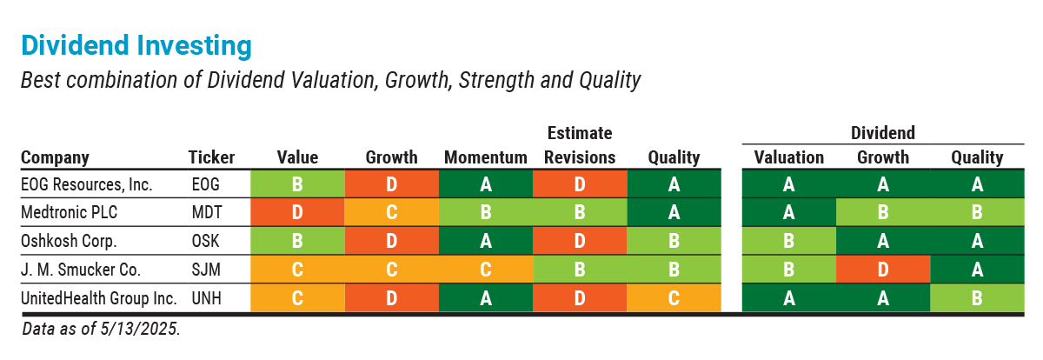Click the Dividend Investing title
pos(136,44)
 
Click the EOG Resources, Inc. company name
pos(86,184)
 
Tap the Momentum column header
pos(485,157)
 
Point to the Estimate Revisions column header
pos(579,145)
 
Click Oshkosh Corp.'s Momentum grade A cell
pos(485,241)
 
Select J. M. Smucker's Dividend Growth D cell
pos(883,270)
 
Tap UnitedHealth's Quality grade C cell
pos(674,298)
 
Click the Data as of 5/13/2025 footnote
pos(101,329)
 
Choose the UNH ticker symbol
pos(207,298)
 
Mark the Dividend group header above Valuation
pos(882,133)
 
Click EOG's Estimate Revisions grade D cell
pos(579,184)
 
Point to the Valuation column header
pos(788,157)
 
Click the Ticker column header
pos(211,157)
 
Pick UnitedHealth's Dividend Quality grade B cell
pos(977,298)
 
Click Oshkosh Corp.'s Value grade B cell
pos(297,241)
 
